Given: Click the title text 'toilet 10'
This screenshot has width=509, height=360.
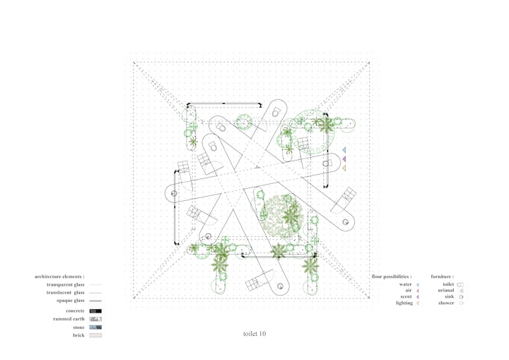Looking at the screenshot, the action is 255,334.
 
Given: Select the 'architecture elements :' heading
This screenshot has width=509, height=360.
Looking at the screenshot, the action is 59,277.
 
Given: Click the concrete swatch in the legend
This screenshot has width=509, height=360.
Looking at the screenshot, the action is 95,311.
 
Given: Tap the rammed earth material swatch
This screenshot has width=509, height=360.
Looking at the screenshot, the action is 95,319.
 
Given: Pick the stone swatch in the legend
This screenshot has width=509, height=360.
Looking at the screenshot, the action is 95,327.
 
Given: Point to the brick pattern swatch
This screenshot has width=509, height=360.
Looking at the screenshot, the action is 95,335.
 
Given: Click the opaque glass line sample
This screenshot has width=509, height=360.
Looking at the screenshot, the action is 95,301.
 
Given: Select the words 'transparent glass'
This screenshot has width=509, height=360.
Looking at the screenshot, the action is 65,284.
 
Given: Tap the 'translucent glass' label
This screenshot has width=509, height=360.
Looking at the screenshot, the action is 65,292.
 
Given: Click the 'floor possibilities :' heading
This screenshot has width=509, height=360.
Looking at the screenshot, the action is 392,277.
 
